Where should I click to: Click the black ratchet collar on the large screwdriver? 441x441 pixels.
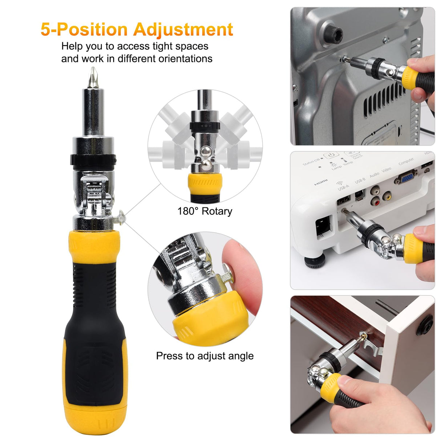93,159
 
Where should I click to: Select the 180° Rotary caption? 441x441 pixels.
205,211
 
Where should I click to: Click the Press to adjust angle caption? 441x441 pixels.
205,356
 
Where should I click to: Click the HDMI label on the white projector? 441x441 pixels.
320,182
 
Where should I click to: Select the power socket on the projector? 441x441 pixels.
324,227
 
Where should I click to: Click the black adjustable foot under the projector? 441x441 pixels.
314,261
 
